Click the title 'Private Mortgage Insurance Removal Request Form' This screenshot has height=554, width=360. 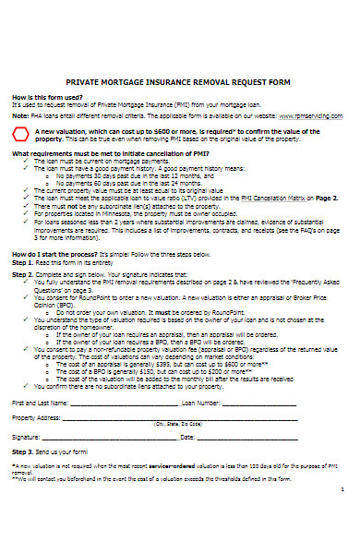pyautogui.click(x=180, y=54)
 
